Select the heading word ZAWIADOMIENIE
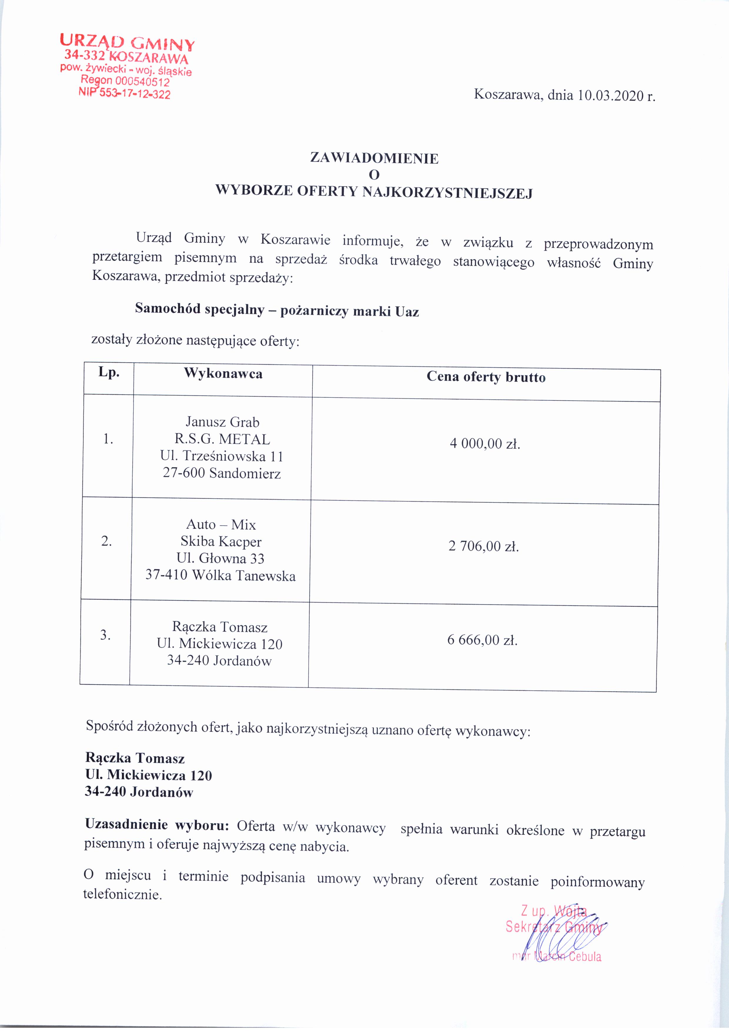pyautogui.click(x=374, y=158)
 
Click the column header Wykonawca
pyautogui.click(x=223, y=374)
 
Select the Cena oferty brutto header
pyautogui.click(x=486, y=377)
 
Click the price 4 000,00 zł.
pyautogui.click(x=485, y=444)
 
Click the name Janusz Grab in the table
pyautogui.click(x=222, y=422)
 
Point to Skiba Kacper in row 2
pyautogui.click(x=221, y=542)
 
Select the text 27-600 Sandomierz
pyautogui.click(x=222, y=473)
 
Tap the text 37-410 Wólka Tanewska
pyautogui.click(x=220, y=576)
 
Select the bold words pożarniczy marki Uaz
pyautogui.click(x=349, y=311)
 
